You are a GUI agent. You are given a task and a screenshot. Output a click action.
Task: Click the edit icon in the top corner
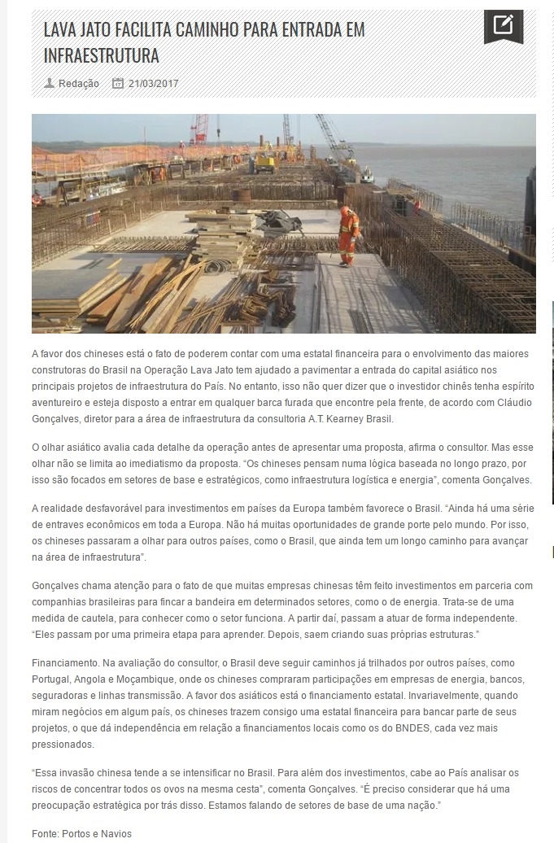point(504,25)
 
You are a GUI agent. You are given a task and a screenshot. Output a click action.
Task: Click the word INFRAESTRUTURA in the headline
point(101,56)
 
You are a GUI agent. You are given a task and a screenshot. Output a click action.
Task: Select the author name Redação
point(79,84)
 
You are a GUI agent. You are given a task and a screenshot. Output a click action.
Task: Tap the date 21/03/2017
point(153,84)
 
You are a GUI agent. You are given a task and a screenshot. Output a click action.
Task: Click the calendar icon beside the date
point(118,84)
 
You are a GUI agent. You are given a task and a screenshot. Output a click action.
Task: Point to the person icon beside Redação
point(50,83)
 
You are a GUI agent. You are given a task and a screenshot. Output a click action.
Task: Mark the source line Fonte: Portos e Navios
point(81,834)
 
